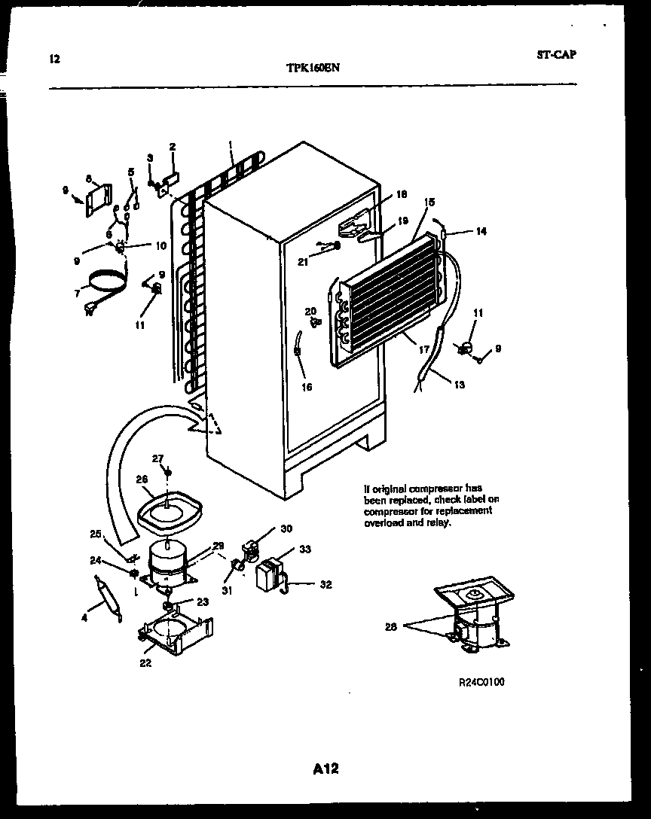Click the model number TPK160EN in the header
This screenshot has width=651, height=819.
[313, 66]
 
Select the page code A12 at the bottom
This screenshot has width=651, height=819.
[325, 769]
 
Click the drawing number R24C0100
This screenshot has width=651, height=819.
[481, 683]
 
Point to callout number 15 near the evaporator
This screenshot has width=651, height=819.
[429, 202]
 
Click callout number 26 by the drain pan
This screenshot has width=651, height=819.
[142, 478]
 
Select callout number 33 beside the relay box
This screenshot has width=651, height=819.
[304, 550]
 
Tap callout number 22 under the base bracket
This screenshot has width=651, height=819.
[145, 662]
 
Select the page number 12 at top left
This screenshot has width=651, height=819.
[53, 59]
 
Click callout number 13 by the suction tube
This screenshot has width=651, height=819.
[459, 385]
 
